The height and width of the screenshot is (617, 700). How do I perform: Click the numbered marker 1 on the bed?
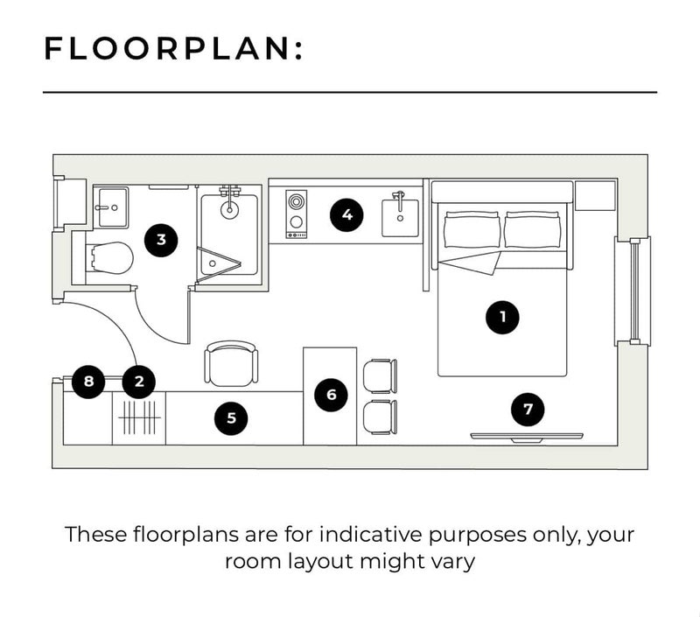(x=502, y=317)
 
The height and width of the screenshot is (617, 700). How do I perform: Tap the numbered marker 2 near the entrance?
(x=139, y=382)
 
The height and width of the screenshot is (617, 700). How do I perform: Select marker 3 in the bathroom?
(x=161, y=240)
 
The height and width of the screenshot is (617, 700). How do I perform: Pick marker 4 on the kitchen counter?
(x=346, y=214)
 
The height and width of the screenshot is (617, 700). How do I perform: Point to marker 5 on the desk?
(x=231, y=417)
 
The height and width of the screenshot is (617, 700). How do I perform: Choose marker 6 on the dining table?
(x=332, y=395)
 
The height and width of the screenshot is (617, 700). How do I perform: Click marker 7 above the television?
(x=528, y=409)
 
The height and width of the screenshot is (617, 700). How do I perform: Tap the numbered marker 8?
(x=88, y=382)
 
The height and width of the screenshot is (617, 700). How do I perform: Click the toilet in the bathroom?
(x=112, y=258)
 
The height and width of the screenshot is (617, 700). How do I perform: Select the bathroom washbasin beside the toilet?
(x=114, y=207)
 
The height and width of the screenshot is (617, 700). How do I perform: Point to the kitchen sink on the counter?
(x=400, y=217)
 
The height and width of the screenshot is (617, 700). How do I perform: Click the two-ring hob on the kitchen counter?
(x=296, y=214)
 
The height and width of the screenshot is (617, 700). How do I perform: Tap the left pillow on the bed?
(x=472, y=229)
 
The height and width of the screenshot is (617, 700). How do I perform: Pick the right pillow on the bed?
(x=532, y=229)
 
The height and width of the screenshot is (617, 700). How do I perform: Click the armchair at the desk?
(x=231, y=364)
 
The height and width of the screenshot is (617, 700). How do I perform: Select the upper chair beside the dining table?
(x=380, y=376)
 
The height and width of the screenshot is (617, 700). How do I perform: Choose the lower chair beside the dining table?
(x=380, y=417)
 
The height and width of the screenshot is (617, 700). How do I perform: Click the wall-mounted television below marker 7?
(x=527, y=437)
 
